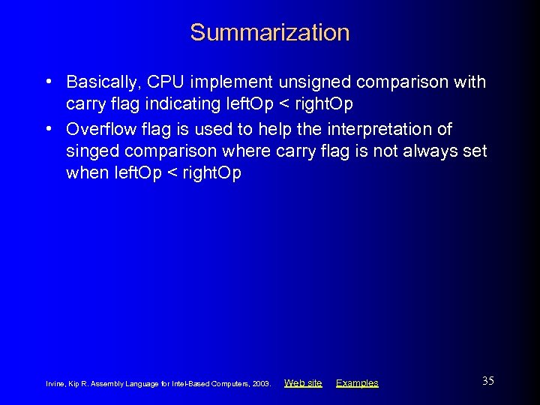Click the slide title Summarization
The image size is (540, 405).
click(x=269, y=32)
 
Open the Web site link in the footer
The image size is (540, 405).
click(x=303, y=383)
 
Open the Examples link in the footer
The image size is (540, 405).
click(x=357, y=383)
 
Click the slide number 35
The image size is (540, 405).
click(x=487, y=381)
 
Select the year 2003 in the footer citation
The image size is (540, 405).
click(x=261, y=384)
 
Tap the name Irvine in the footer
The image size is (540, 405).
click(x=57, y=384)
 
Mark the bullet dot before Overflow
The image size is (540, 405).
click(x=48, y=129)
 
